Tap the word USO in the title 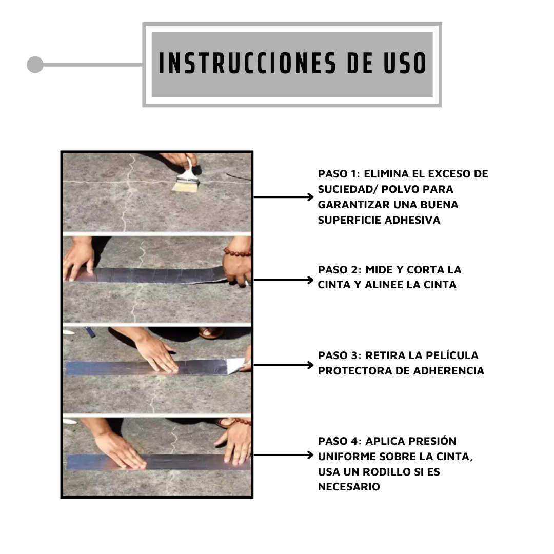coord(405,64)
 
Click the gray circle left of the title coord(35,65)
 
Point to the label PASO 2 coord(339,270)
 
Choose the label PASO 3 coord(339,355)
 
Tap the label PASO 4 coord(339,441)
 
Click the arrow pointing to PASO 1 coord(283,197)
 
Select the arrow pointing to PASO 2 coord(283,280)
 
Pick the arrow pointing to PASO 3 coord(283,365)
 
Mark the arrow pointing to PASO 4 coord(283,454)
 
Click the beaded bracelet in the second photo coord(236,252)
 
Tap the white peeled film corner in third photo coord(235,365)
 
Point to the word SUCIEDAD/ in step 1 coord(348,189)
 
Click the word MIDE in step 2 coord(379,270)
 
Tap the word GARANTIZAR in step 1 coord(352,205)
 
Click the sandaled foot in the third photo coord(211,332)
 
